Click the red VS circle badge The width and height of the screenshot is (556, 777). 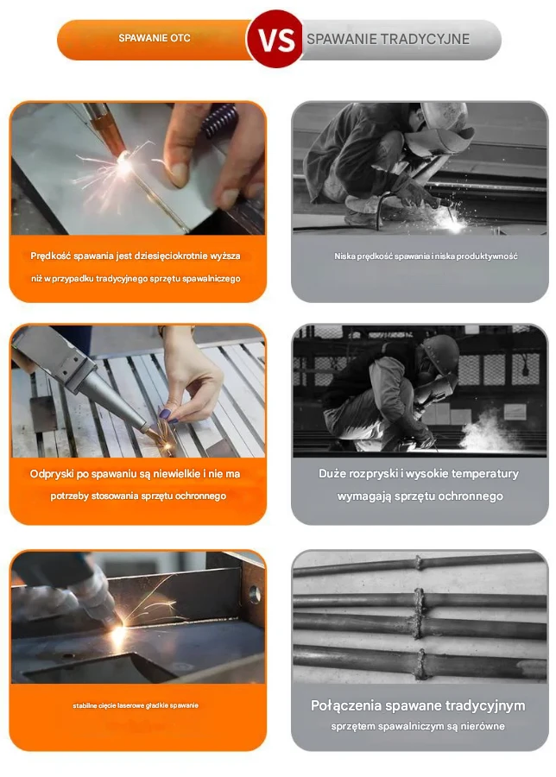pos(275,39)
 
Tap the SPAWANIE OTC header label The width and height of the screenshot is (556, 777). pos(155,38)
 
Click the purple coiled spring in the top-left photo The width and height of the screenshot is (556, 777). pos(219,120)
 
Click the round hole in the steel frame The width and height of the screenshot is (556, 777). pos(255,594)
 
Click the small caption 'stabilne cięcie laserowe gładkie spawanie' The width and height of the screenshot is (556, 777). pos(136,705)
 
